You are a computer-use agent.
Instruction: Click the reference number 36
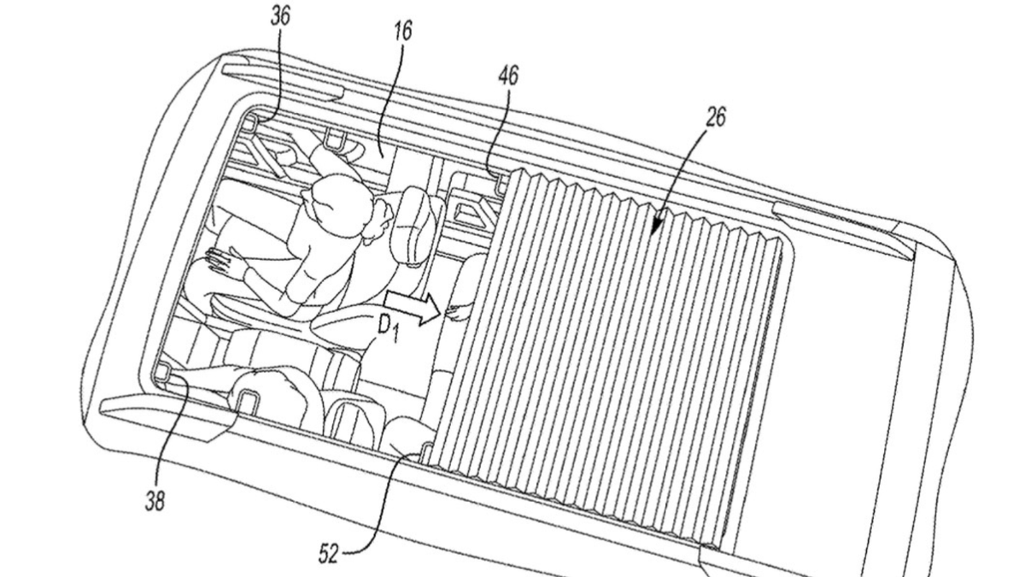280,17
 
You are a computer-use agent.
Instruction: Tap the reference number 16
402,30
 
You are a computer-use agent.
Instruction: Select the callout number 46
508,75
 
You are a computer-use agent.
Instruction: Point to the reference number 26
716,117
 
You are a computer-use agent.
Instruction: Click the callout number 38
155,501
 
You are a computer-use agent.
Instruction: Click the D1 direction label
388,330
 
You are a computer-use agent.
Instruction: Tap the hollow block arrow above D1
413,309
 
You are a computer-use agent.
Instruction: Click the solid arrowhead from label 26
657,223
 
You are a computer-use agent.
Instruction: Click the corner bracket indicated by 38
164,372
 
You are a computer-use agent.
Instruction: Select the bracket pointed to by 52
427,452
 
